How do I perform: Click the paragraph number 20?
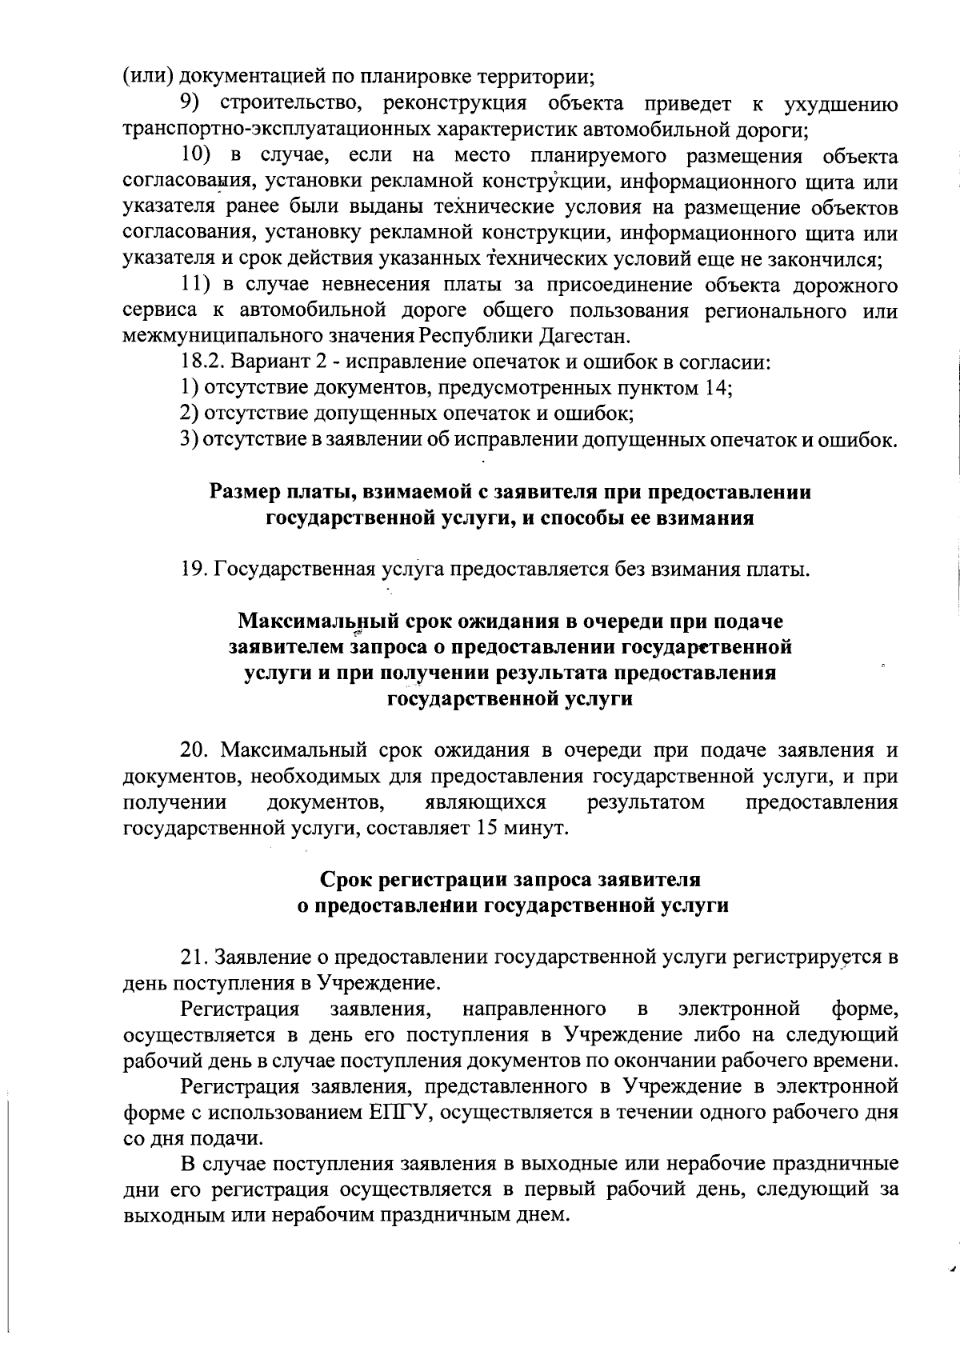pos(196,751)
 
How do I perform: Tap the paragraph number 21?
pos(196,957)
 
